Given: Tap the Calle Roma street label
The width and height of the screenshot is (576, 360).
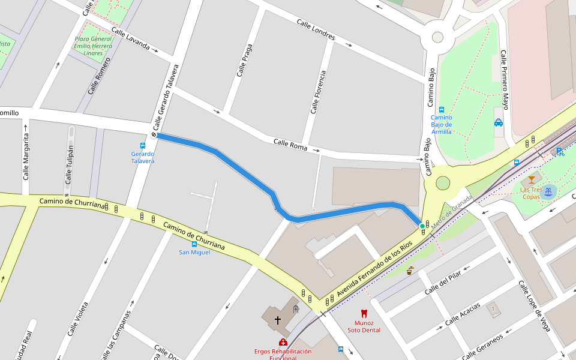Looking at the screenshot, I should coord(290,145).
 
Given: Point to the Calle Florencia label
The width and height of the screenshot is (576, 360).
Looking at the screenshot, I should coord(318,92).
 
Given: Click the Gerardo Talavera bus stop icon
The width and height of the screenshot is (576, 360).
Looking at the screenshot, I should coord(143,145).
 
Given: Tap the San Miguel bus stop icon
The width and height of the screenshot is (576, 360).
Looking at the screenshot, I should coord(194,244).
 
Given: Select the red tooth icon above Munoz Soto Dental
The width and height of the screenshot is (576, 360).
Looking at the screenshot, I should coord(363,313).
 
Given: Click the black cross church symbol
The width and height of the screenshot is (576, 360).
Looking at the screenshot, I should coord(278,320).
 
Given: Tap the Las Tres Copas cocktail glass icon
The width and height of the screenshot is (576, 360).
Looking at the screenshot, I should coord(531,179).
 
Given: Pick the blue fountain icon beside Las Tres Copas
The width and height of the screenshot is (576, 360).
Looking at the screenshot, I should coord(548,192).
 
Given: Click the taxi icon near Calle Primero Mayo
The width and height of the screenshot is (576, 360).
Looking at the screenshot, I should coord(499,122).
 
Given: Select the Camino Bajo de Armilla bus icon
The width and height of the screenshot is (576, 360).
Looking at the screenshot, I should coord(442,110).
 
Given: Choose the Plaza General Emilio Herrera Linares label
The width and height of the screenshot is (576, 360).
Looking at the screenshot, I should coord(93,46).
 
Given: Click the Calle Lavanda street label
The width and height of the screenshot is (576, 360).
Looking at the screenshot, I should coord(130,39).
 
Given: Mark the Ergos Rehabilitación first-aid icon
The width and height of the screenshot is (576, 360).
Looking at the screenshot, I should coord(283,342).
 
